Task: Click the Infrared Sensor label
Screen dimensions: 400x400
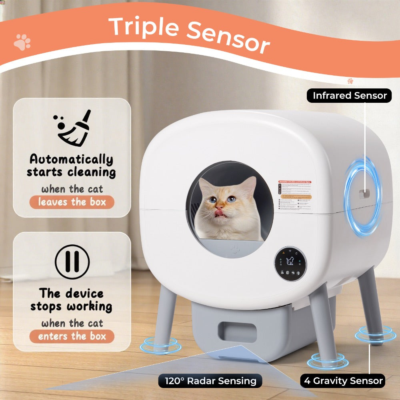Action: (349, 96)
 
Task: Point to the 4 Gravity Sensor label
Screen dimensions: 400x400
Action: (343, 380)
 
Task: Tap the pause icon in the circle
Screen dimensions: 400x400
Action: (72, 262)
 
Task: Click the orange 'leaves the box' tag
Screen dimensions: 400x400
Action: (72, 202)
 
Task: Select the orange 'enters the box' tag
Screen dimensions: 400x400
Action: (72, 336)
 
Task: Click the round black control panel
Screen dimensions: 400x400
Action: (290, 263)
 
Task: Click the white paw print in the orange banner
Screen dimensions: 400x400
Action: (22, 42)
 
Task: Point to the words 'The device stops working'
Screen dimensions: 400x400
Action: (72, 300)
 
